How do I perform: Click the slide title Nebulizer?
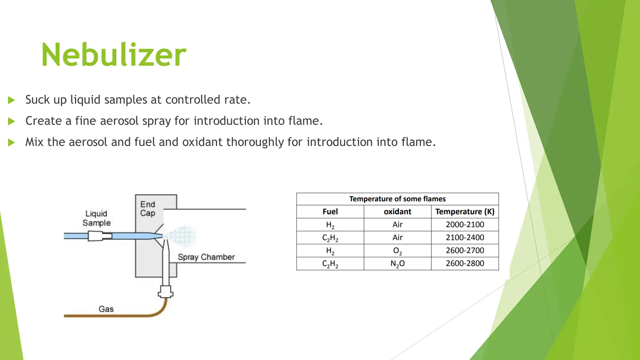click(x=114, y=55)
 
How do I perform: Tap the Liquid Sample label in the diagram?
click(x=97, y=218)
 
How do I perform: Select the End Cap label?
click(x=147, y=209)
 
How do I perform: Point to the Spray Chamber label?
click(x=206, y=257)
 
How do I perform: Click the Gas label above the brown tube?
click(x=106, y=309)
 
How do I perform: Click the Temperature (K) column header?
click(x=465, y=212)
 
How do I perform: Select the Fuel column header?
click(x=330, y=212)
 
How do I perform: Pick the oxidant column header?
click(x=397, y=212)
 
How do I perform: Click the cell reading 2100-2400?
click(x=465, y=237)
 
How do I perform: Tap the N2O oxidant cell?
click(x=397, y=263)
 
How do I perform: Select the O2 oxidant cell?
click(x=397, y=251)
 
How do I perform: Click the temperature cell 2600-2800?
click(x=465, y=263)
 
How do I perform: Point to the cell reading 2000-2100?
click(x=465, y=224)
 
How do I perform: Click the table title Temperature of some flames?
click(x=397, y=199)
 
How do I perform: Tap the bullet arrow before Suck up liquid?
click(x=12, y=100)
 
